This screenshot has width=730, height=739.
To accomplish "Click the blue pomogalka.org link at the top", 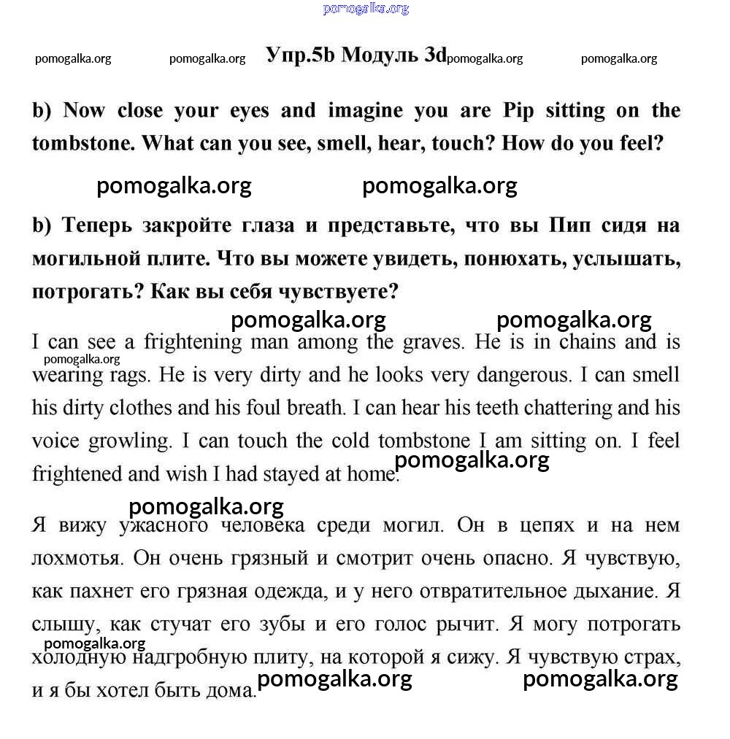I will coord(365,9).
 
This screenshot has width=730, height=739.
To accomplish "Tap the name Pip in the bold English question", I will coord(519,111).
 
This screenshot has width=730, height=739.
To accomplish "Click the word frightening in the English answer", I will coord(193,342).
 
